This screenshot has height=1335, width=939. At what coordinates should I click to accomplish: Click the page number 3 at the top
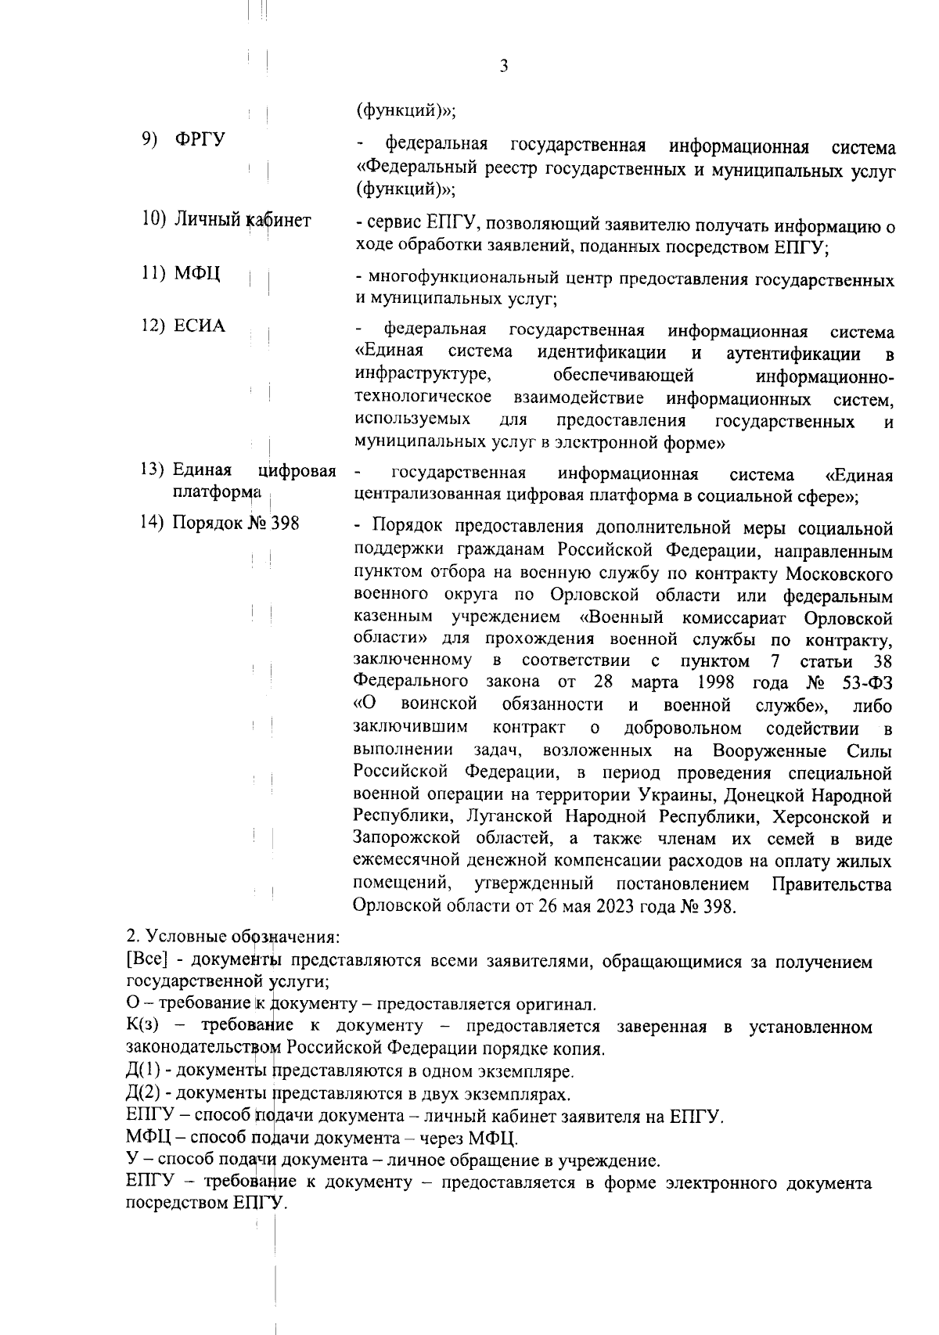point(503,67)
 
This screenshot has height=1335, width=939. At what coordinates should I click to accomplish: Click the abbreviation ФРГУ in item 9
point(200,139)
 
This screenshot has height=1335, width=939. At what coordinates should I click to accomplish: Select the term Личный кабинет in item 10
point(242,220)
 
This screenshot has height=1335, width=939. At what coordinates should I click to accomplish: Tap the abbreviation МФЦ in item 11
point(197,273)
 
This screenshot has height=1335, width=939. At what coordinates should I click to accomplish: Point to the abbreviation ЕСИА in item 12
point(200,326)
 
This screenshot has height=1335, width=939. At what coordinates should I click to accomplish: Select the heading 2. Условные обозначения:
point(233,937)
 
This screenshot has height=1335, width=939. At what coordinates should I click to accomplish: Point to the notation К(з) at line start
point(142,1026)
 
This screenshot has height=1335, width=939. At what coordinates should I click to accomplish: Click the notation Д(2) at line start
point(143,1092)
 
